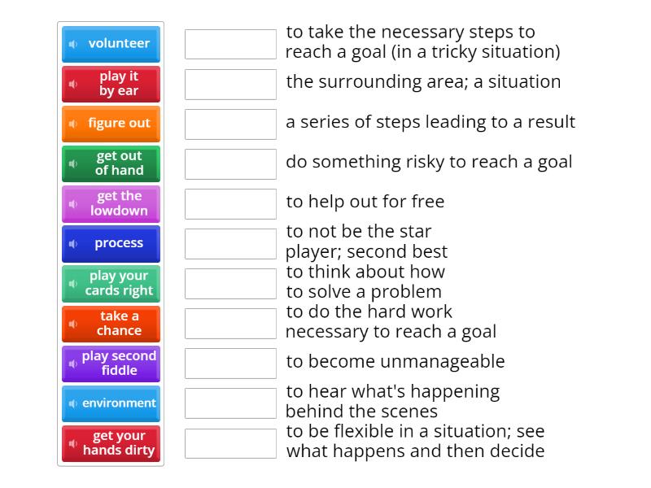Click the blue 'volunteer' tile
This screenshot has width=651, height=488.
(111, 44)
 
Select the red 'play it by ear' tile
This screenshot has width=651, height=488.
(111, 84)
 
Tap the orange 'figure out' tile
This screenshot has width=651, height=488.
(111, 124)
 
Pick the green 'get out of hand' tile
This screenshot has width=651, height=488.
(111, 163)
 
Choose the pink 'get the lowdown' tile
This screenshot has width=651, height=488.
(111, 204)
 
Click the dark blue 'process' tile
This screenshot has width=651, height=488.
(111, 243)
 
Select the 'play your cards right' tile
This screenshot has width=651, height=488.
(111, 283)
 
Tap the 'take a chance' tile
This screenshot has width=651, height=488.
(111, 324)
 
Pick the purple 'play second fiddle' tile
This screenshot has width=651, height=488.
(111, 364)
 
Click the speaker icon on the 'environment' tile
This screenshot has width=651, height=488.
(73, 403)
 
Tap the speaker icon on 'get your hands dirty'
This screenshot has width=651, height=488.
(73, 443)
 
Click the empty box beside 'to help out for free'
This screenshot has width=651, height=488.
(230, 204)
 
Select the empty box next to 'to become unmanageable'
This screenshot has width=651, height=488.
(230, 364)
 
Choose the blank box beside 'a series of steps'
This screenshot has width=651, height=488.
(230, 124)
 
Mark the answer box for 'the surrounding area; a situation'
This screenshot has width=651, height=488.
(230, 85)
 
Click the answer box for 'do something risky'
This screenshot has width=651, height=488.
(230, 164)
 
